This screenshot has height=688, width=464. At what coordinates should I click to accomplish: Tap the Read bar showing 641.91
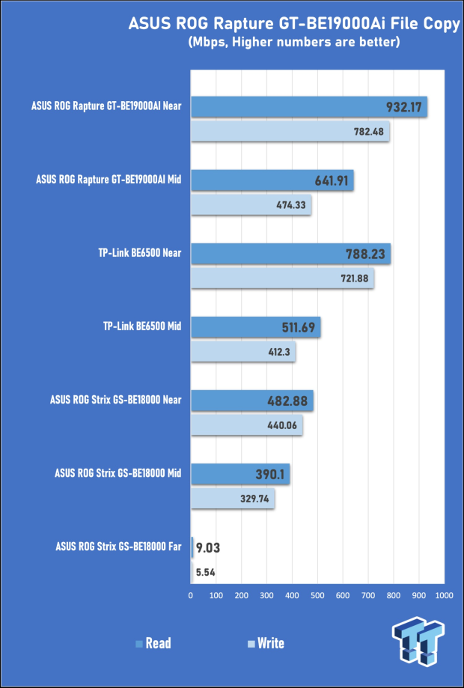click(272, 180)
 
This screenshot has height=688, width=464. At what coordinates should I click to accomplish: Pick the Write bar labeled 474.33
click(251, 204)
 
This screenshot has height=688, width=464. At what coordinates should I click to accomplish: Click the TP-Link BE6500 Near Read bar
click(290, 255)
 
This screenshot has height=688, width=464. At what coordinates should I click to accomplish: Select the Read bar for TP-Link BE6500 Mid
click(255, 326)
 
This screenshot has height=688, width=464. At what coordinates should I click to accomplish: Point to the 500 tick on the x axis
click(317, 595)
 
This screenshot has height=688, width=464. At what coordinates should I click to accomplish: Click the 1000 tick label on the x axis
click(444, 595)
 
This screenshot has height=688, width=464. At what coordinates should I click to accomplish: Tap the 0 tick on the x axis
click(191, 595)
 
